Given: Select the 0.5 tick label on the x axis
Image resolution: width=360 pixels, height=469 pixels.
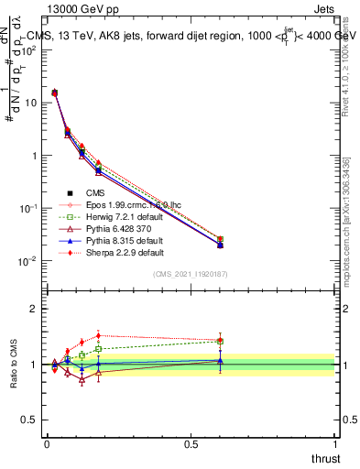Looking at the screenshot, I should (x=191, y=443).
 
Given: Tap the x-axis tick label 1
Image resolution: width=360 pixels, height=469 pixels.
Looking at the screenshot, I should (x=335, y=443).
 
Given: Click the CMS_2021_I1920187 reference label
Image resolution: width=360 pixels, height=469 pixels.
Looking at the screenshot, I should (x=191, y=275).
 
